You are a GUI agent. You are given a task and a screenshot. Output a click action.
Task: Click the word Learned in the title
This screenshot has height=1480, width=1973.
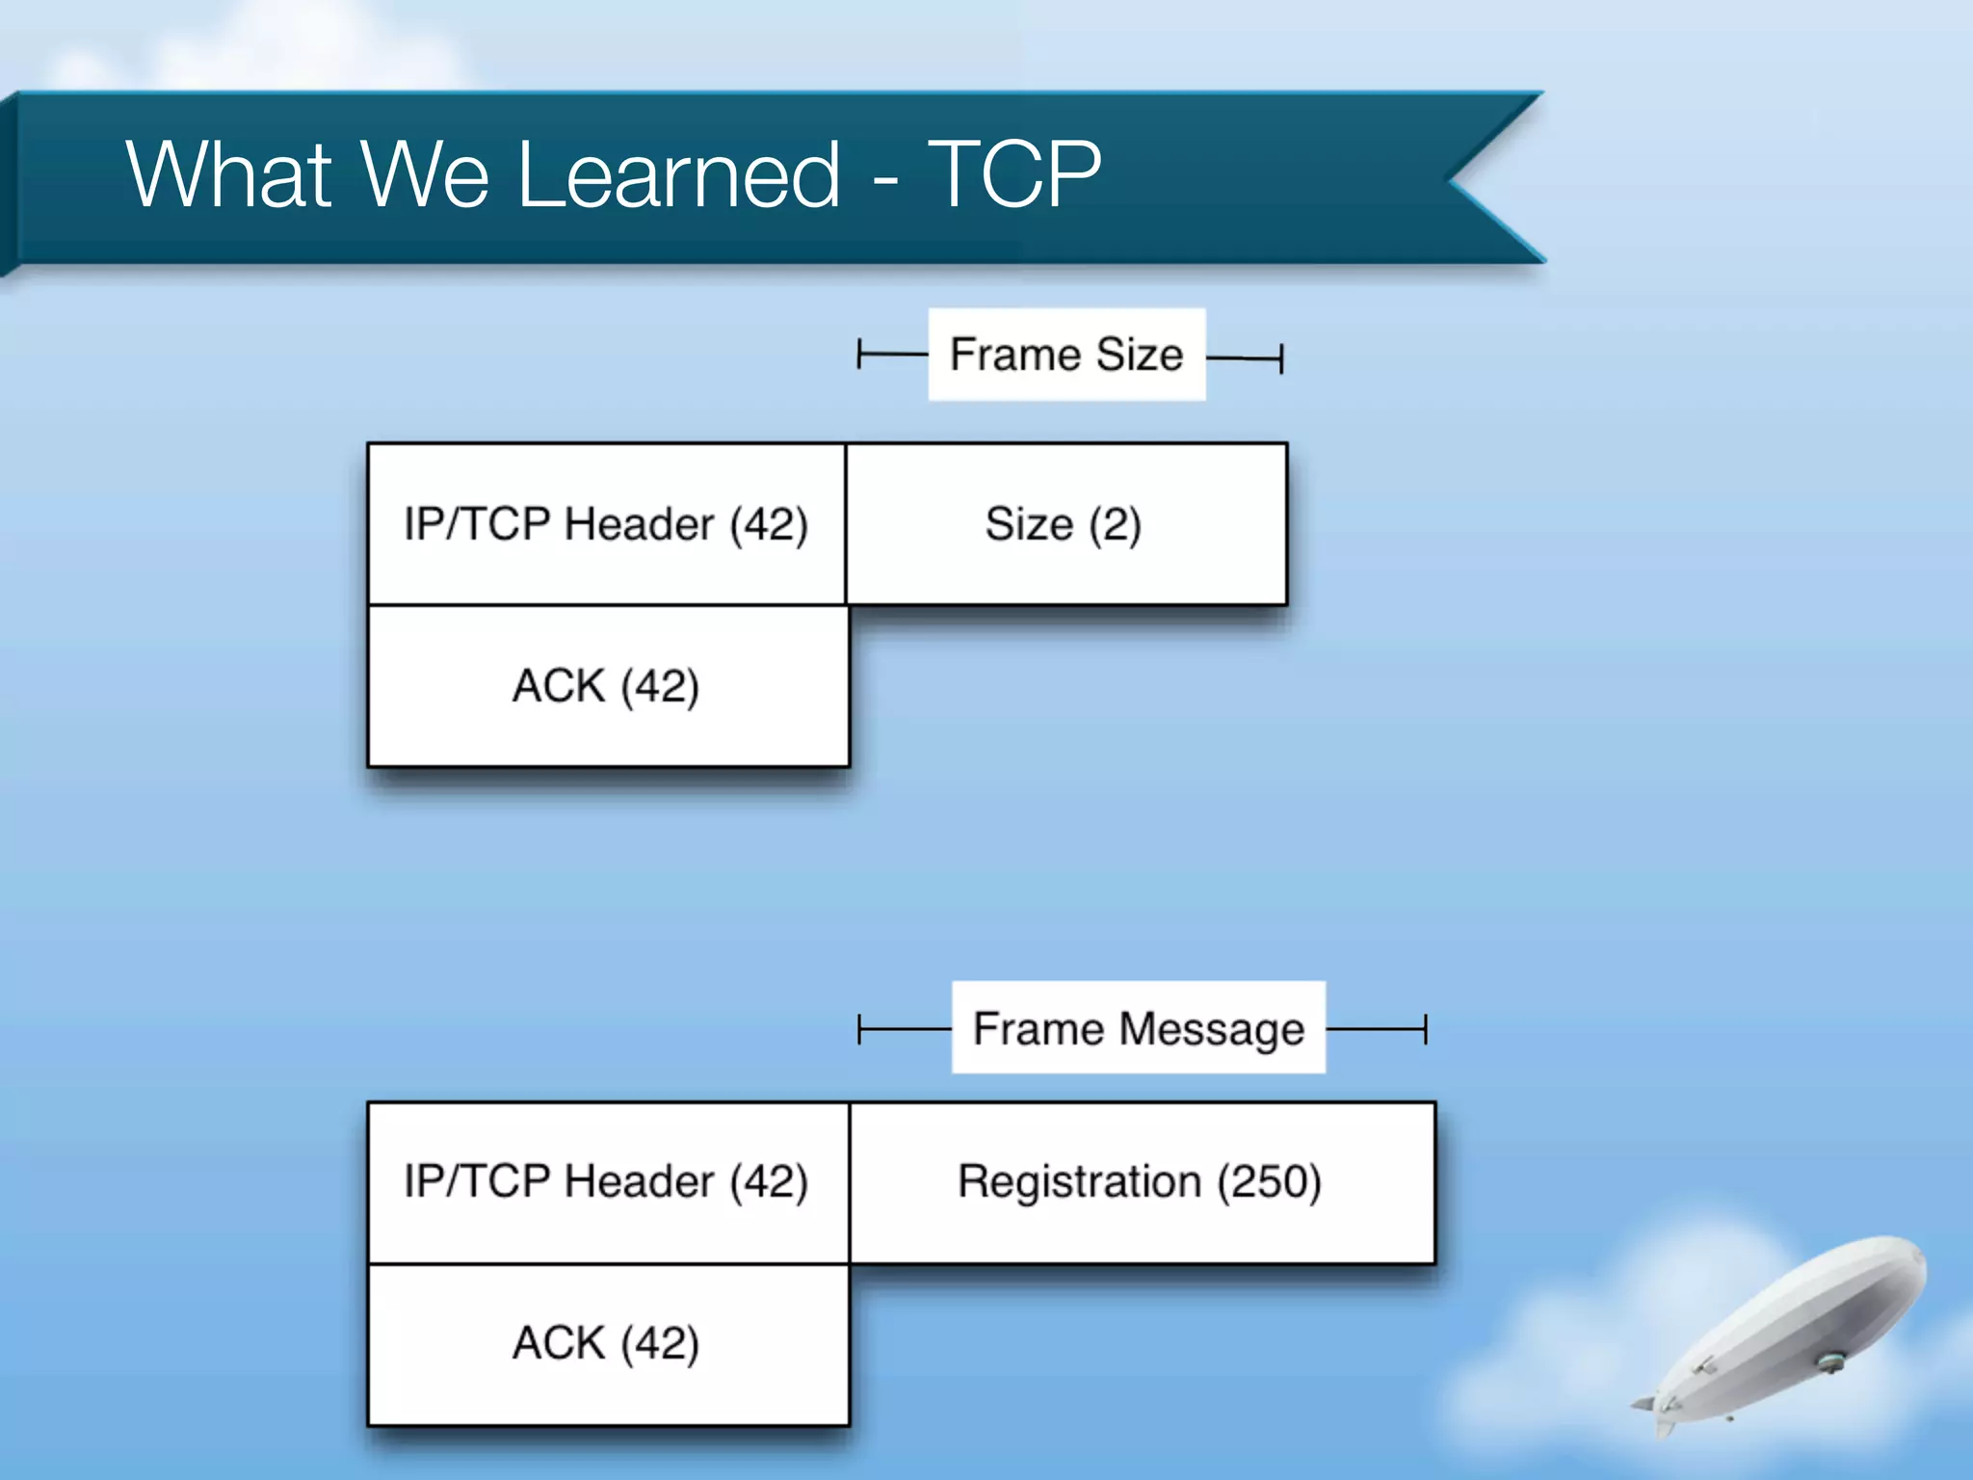(678, 174)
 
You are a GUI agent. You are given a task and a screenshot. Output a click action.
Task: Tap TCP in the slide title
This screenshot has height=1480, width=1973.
(1013, 174)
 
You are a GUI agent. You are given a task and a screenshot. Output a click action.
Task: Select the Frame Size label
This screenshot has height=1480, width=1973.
(1066, 355)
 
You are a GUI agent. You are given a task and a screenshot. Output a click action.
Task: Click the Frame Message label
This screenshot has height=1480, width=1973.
(1138, 1028)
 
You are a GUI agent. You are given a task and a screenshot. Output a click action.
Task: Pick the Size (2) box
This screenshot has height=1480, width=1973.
(1065, 524)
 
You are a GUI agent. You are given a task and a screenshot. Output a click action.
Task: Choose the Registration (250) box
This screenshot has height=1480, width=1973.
(1141, 1182)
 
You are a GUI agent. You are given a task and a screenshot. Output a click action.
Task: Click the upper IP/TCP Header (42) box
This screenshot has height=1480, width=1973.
(606, 524)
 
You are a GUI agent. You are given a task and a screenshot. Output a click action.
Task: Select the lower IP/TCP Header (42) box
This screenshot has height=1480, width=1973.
(606, 1182)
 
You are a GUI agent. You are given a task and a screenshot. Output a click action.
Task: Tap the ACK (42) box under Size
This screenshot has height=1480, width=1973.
(606, 686)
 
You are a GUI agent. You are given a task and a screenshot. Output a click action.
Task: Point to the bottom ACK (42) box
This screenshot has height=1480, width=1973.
(606, 1343)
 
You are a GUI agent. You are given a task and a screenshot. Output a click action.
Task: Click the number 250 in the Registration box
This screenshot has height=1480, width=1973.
(1270, 1182)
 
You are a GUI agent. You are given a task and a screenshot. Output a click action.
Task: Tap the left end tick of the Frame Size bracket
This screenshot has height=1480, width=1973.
(859, 355)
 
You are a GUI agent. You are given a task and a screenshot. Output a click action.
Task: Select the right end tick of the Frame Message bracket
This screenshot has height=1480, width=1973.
(1425, 1029)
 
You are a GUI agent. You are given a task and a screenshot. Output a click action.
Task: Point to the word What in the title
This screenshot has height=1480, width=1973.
(229, 174)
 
